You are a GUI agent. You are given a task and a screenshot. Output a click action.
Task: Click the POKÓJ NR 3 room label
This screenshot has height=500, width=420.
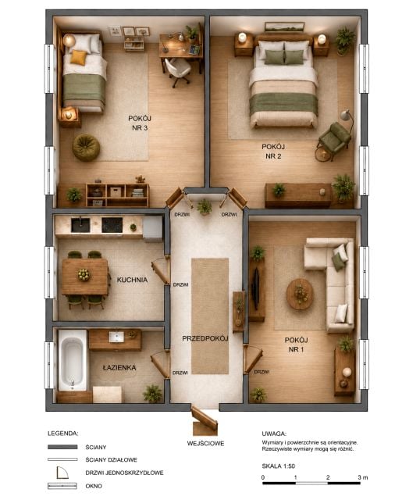pos(140,123)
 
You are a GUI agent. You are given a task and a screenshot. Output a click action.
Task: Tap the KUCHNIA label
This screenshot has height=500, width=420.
pos(132,280)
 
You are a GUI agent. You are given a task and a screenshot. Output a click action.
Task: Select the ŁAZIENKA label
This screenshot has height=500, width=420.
pos(119,368)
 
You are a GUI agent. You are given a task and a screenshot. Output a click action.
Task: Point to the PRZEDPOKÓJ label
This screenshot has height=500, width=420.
pos(205,338)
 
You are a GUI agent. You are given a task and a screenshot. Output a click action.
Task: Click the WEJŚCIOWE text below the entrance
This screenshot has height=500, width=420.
pos(205,443)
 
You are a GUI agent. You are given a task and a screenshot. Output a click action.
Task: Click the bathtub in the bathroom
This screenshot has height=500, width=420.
pos(73,359)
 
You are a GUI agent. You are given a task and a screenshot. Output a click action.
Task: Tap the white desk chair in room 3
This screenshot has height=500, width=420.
pos(178,71)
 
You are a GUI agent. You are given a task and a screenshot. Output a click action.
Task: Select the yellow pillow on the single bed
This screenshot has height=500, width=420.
pos(78,57)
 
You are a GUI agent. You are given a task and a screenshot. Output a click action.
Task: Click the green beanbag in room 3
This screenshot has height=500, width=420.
pos(86,148)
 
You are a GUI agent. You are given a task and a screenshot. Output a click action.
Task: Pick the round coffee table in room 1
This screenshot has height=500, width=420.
pos(300,294)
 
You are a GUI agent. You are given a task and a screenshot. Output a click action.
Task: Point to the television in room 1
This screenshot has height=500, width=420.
pos(255,288)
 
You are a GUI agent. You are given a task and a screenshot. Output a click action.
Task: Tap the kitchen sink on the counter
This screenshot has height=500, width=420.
pos(80,225)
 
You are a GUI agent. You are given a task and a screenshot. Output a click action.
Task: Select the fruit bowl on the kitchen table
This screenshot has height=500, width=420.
pos(84,274)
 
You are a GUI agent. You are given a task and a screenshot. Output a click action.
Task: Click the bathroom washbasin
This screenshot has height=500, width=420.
pos(116,337)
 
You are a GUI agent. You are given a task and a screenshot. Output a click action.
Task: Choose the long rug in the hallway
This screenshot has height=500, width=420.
pos(210,316)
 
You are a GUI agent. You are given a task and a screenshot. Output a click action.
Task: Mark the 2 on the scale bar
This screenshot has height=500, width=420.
pos(328,477)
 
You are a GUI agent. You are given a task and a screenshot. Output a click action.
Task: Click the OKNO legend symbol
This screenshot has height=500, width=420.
pos(62,486)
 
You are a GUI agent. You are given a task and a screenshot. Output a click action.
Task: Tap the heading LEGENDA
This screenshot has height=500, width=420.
pos(62,434)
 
